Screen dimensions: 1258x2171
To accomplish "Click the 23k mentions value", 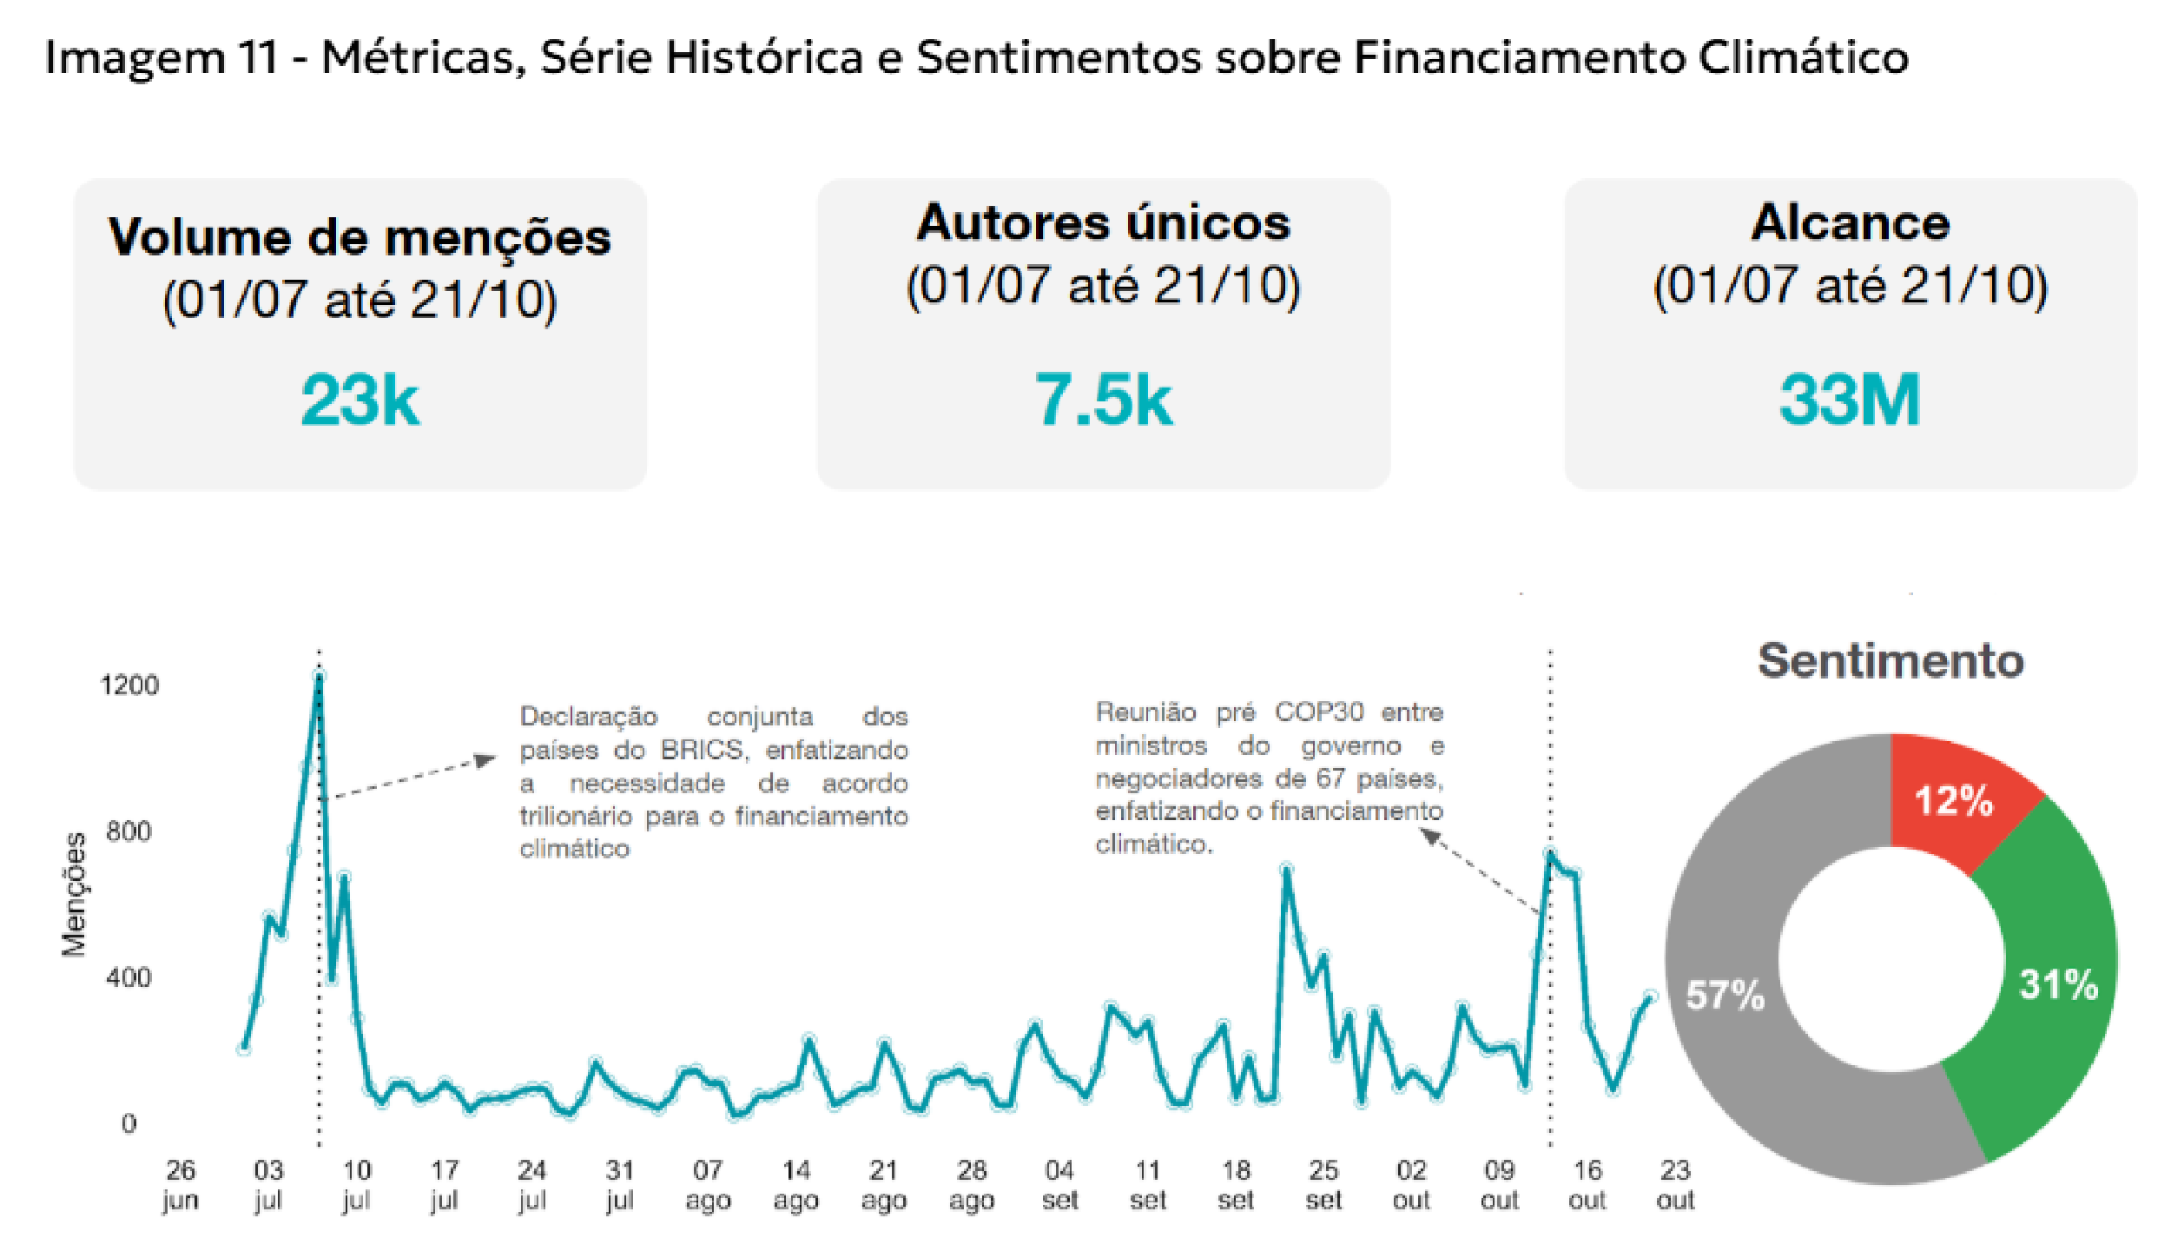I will pos(360,400).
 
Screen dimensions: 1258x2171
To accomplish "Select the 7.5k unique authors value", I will pos(1103,400).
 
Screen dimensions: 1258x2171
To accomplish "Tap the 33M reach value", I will pos(1850,400).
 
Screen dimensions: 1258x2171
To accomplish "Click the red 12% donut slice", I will pos(1954,799).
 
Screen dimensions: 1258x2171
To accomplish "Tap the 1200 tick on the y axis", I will pos(130,685).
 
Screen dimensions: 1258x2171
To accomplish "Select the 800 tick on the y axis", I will pos(129,831).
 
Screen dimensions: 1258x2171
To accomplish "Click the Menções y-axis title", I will pos(75,895).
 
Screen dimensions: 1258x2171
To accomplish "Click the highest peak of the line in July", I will pos(319,676).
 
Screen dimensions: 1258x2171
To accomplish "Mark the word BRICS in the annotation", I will pos(702,750).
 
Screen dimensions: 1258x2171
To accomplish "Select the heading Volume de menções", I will pos(360,237).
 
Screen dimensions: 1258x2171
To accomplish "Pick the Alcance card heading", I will pos(1850,223).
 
